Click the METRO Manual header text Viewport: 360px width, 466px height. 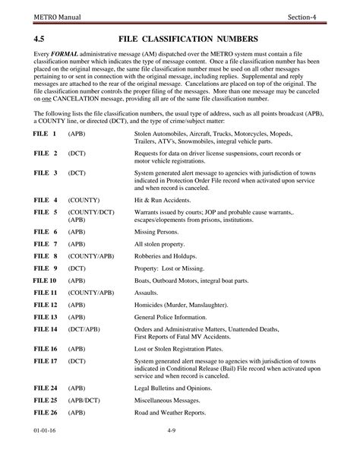point(49,17)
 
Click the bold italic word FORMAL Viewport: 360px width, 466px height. point(65,55)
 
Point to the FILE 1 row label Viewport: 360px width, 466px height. point(45,133)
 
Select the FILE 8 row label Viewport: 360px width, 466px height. point(46,255)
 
